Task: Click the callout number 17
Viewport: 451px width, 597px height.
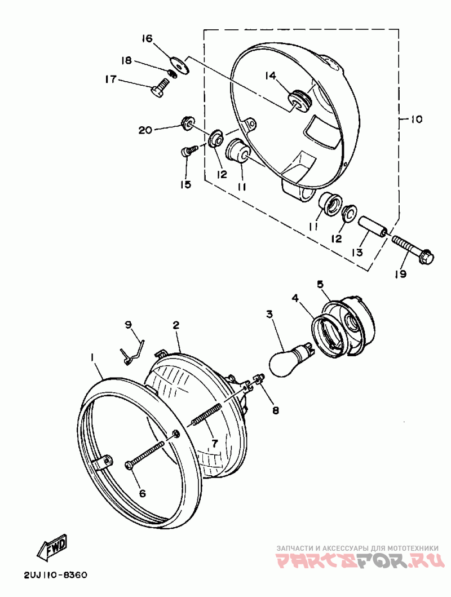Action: (110, 79)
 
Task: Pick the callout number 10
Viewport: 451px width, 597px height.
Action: (415, 120)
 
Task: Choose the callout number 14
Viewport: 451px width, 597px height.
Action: (270, 76)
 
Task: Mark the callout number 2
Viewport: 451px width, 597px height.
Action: (176, 325)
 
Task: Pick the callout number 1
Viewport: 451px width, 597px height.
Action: (91, 357)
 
